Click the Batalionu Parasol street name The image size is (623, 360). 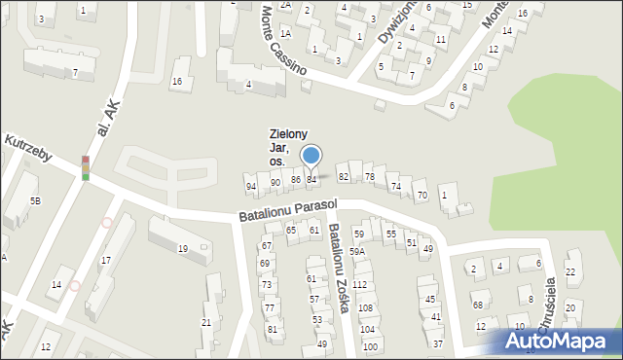[x=288, y=211]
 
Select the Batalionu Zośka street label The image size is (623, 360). [x=340, y=269]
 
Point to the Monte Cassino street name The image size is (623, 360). [x=283, y=42]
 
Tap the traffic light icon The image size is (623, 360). [x=86, y=168]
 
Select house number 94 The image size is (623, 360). [x=251, y=186]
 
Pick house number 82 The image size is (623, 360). [x=343, y=176]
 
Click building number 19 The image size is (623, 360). [x=182, y=249]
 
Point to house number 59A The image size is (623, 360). [x=357, y=252]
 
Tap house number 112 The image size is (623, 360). [x=360, y=284]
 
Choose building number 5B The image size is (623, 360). [x=35, y=200]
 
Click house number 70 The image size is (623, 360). [x=421, y=196]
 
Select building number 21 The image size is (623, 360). [x=206, y=322]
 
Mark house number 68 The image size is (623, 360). [x=478, y=305]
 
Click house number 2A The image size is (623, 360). [x=285, y=5]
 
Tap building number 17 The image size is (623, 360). [x=105, y=260]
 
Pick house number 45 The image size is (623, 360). [x=430, y=300]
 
